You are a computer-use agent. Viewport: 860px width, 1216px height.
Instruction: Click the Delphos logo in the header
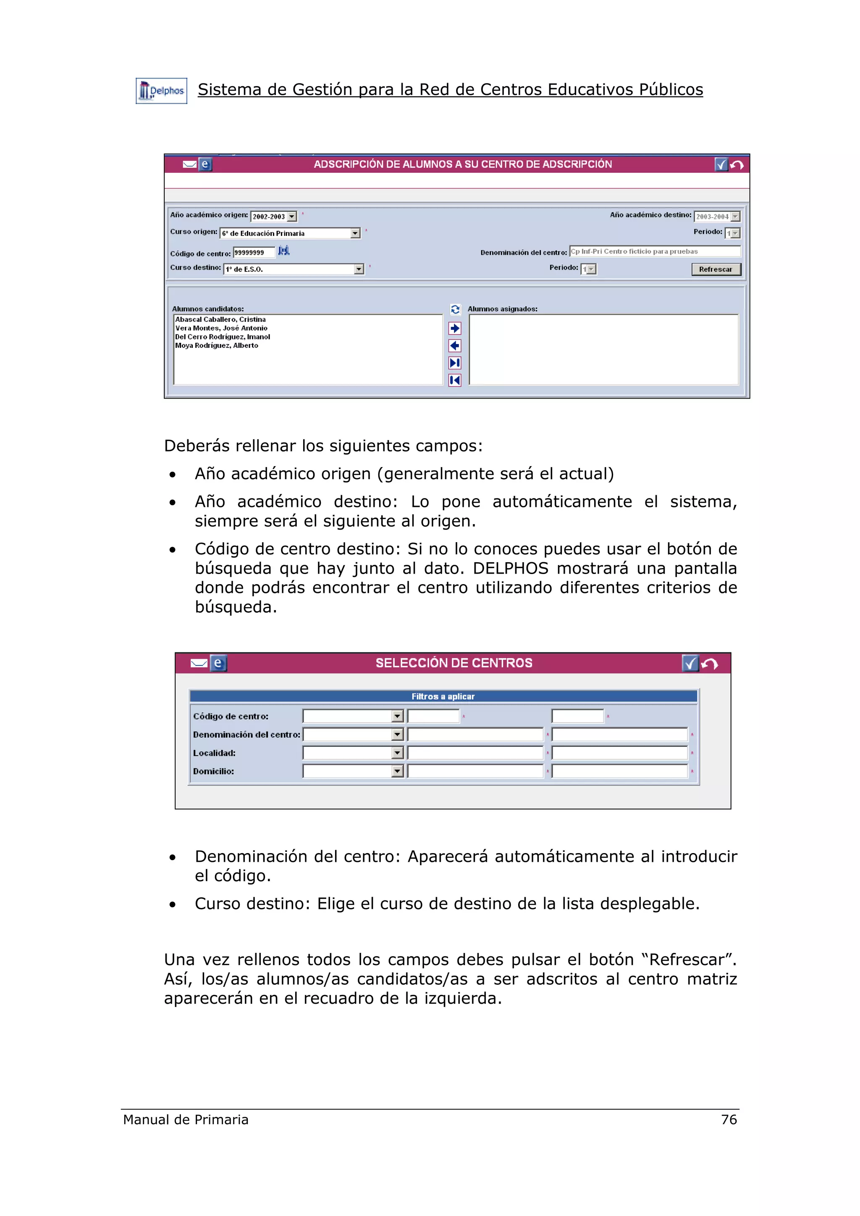pos(161,91)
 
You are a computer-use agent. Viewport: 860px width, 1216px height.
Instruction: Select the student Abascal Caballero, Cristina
pos(220,319)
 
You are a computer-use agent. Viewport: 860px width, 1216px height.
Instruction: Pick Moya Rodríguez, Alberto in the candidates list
pos(217,345)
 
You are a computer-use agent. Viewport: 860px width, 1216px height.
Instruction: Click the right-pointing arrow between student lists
pos(455,329)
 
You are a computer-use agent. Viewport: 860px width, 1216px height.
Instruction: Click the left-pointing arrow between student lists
pos(455,346)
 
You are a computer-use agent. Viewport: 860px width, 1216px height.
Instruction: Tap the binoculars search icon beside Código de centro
pos(284,251)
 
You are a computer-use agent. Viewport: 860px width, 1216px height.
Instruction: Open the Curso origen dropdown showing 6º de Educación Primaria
pos(355,233)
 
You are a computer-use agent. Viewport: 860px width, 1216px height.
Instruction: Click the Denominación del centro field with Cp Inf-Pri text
pos(654,252)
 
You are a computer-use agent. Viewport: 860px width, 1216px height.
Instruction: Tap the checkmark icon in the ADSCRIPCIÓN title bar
pos(721,165)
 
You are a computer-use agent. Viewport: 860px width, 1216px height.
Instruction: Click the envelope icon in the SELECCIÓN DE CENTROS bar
pos(199,663)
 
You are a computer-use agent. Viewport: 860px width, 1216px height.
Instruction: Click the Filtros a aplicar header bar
pos(443,697)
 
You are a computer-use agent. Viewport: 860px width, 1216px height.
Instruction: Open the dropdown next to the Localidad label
pos(397,753)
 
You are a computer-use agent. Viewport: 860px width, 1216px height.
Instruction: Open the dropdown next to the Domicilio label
pos(397,771)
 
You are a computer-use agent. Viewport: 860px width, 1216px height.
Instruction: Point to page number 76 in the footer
pos(729,1119)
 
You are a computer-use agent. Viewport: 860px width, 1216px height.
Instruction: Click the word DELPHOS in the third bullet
pos(510,568)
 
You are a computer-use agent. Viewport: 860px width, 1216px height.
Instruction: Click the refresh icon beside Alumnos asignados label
pos(455,309)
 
